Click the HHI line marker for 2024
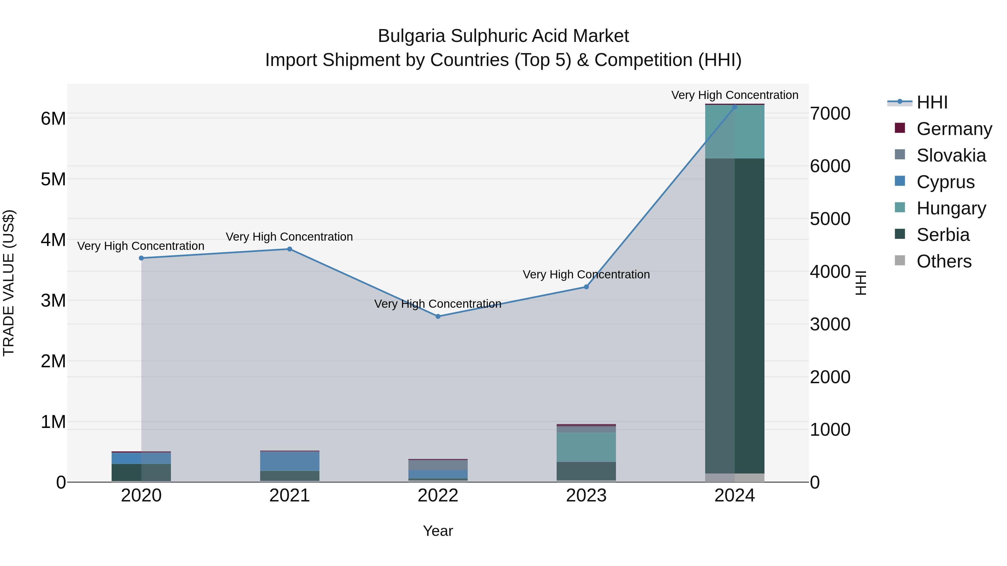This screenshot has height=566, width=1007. [x=735, y=107]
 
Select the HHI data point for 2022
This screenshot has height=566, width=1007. [x=438, y=316]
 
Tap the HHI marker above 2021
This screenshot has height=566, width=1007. [x=290, y=249]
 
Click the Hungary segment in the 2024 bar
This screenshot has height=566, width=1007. [x=735, y=132]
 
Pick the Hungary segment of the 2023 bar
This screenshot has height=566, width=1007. [x=586, y=447]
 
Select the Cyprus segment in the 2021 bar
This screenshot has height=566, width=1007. [x=290, y=461]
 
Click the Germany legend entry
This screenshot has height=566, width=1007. [x=954, y=129]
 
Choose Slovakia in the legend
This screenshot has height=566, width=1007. [x=951, y=155]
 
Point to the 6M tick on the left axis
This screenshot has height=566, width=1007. [x=53, y=118]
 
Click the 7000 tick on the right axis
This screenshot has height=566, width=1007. [x=830, y=114]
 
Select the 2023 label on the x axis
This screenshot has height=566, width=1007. [x=586, y=496]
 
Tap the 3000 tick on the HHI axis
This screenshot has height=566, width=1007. [x=830, y=324]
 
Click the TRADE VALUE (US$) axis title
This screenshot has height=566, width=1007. [x=9, y=283]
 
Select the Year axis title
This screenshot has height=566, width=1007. [x=438, y=531]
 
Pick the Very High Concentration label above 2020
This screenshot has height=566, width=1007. [x=141, y=246]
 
